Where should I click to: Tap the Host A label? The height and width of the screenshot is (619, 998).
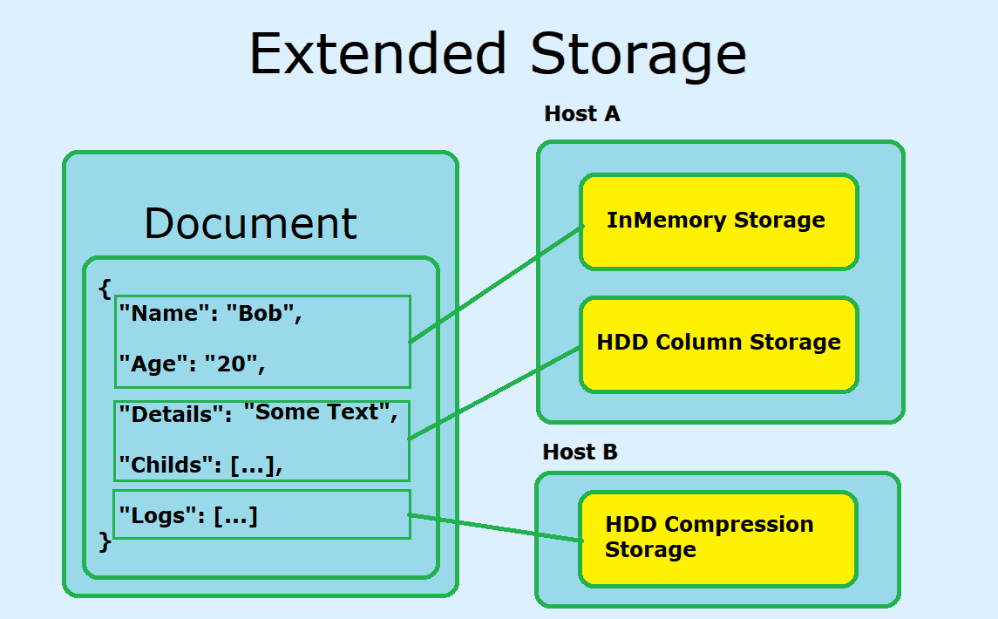(x=581, y=113)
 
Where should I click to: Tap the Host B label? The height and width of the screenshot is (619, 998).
(x=580, y=452)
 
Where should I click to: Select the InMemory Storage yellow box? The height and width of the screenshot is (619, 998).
(x=719, y=221)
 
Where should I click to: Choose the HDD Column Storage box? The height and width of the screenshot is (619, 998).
(x=719, y=344)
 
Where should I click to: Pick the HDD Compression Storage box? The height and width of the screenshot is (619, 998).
(x=718, y=538)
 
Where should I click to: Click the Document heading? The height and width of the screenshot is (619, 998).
(x=250, y=223)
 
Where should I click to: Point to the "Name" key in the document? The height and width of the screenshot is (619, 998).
(x=159, y=314)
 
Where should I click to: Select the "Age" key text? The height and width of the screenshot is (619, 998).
(x=153, y=364)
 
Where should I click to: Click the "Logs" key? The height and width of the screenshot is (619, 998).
(x=157, y=515)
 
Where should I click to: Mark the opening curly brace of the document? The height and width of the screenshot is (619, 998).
(x=105, y=288)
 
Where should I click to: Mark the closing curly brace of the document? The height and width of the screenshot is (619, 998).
(x=105, y=542)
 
